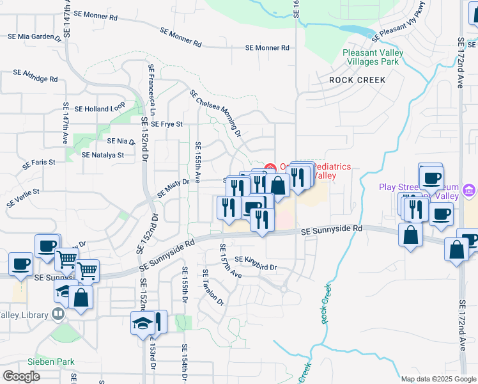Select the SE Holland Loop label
100,109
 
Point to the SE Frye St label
163,124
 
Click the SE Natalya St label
103,155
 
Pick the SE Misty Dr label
173,188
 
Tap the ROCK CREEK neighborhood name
357,80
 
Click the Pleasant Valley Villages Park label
371,57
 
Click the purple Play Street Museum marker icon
469,190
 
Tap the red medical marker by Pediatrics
270,168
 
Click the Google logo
22,376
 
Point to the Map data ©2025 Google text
438,379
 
